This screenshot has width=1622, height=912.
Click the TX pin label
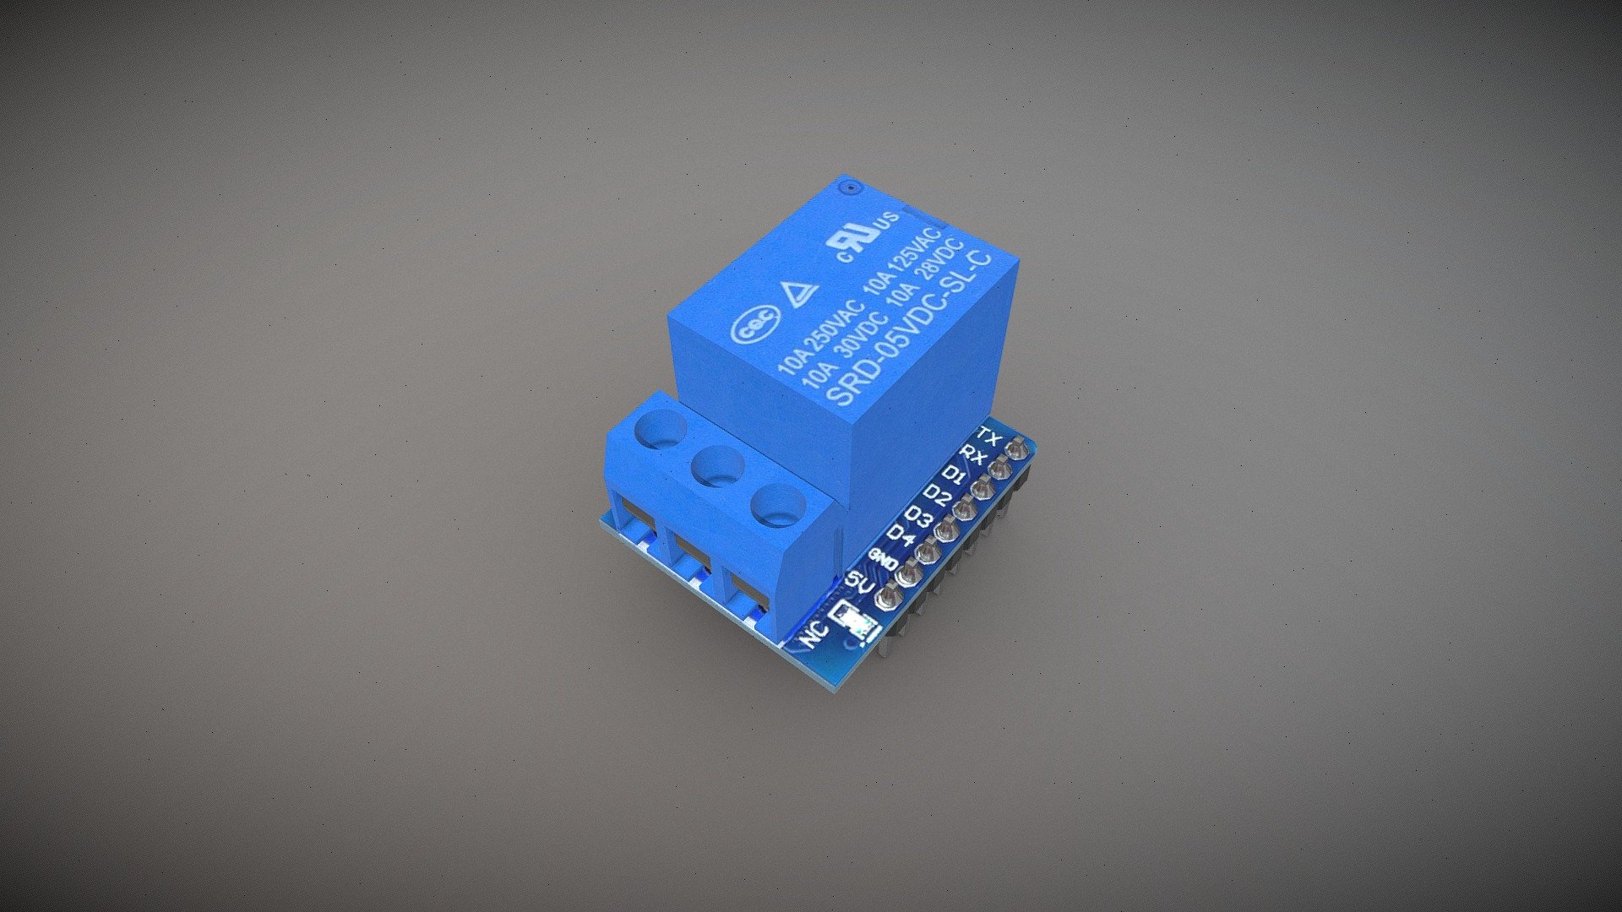point(988,437)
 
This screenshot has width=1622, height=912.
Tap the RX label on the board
point(973,457)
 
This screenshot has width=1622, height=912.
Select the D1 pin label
point(955,474)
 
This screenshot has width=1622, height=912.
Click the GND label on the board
point(884,558)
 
